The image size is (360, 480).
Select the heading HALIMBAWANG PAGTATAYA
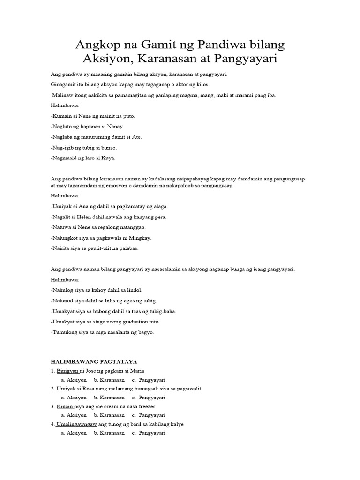94,361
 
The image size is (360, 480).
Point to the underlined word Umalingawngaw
76,424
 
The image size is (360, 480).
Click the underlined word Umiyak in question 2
65,389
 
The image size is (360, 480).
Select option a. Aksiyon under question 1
74,380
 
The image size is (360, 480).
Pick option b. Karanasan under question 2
109,397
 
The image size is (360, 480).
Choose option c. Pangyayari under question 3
149,415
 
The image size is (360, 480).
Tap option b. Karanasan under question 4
109,433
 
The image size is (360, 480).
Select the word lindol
134,290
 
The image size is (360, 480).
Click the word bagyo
144,332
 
